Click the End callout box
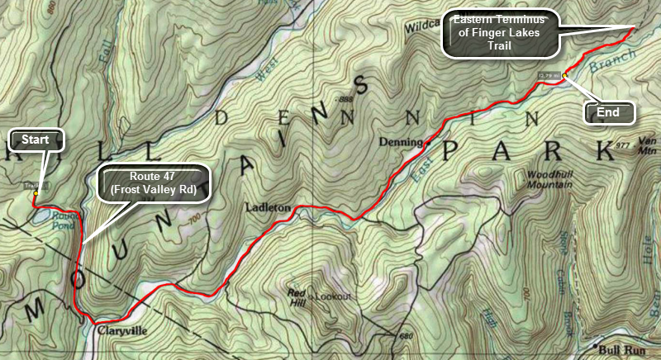(608, 111)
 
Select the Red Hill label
(297, 296)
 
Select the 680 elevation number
(405, 336)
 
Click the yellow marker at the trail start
(35, 193)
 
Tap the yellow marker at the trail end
(565, 76)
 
